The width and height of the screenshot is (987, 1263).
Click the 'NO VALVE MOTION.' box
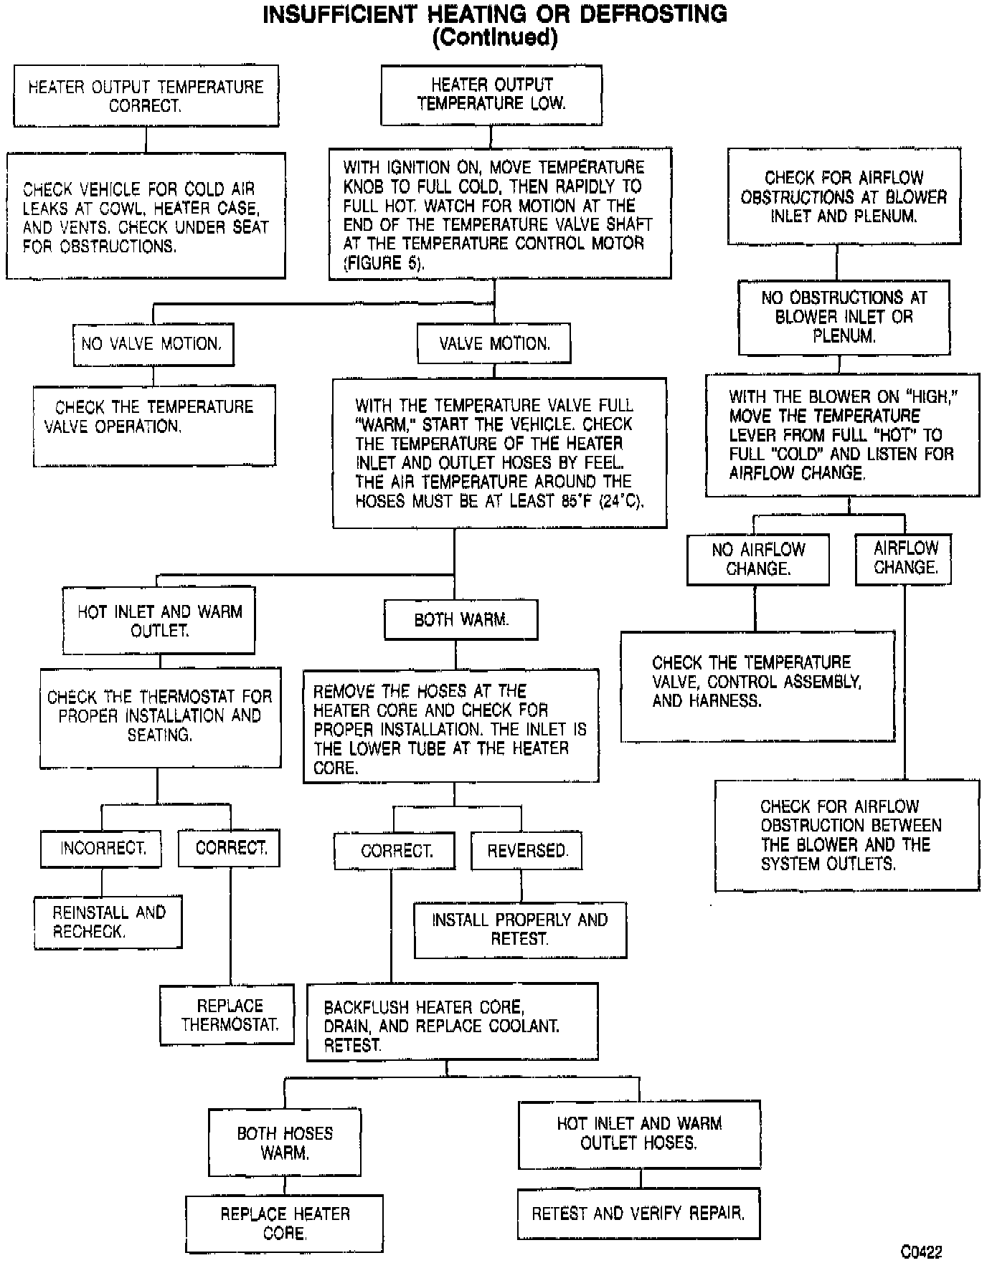pyautogui.click(x=153, y=344)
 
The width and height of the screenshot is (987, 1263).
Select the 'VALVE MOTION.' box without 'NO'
pyautogui.click(x=494, y=344)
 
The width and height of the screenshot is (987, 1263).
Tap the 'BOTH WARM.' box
pyautogui.click(x=461, y=620)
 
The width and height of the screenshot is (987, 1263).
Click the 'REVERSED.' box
pyautogui.click(x=526, y=851)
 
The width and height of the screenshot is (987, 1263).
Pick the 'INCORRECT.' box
pyautogui.click(x=101, y=849)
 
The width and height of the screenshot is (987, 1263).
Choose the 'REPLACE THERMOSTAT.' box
pyautogui.click(x=227, y=1015)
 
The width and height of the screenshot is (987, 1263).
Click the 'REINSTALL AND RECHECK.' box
pyautogui.click(x=108, y=922)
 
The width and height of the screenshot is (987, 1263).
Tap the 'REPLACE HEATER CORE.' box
pyautogui.click(x=284, y=1224)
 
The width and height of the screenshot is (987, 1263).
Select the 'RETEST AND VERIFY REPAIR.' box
pyautogui.click(x=638, y=1214)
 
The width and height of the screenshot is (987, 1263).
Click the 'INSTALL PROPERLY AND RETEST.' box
pyautogui.click(x=520, y=930)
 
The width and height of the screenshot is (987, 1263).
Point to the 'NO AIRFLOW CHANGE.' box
pyautogui.click(x=757, y=559)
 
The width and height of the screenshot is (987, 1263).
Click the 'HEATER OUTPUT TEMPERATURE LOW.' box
pyautogui.click(x=491, y=95)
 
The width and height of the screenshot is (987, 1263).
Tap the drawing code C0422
pyautogui.click(x=921, y=1252)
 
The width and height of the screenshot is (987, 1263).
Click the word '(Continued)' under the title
pyautogui.click(x=494, y=37)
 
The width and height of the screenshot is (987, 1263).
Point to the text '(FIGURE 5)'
pyautogui.click(x=384, y=263)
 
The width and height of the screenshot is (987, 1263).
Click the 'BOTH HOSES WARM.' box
pyautogui.click(x=285, y=1143)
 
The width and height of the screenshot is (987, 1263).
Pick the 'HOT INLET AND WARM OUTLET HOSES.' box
pyautogui.click(x=639, y=1133)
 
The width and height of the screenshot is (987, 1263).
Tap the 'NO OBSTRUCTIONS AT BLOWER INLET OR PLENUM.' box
pyautogui.click(x=844, y=317)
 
